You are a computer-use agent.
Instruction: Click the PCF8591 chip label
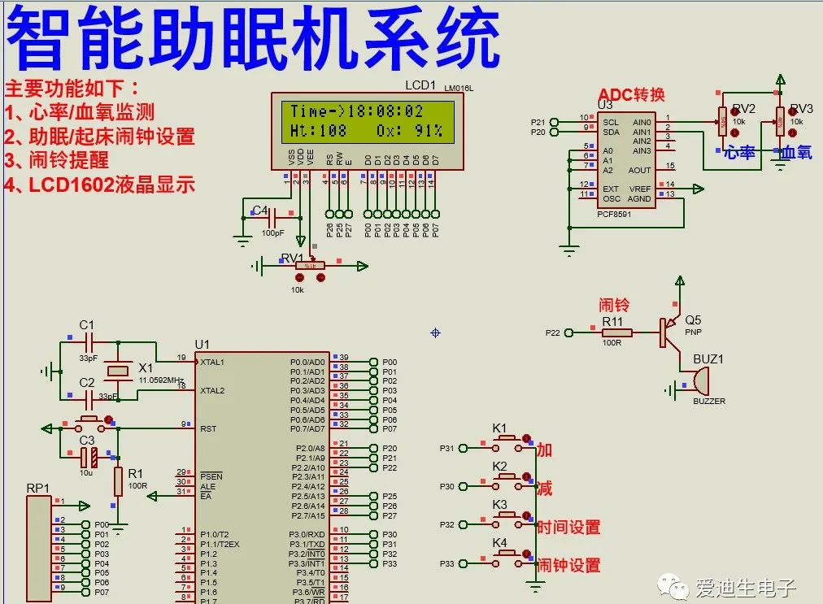614,214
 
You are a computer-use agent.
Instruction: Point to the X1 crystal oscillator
119,371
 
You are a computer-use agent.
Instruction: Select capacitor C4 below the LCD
272,219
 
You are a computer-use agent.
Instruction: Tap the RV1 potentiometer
309,265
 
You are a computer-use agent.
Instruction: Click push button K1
508,440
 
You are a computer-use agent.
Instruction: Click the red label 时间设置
568,527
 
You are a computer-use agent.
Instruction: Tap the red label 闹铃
614,306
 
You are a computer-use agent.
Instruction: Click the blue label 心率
739,152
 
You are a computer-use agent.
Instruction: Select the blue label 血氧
797,152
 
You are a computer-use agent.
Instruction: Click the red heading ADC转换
631,93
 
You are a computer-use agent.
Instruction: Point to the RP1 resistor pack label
37,488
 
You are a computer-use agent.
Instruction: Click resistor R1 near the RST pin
118,481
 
